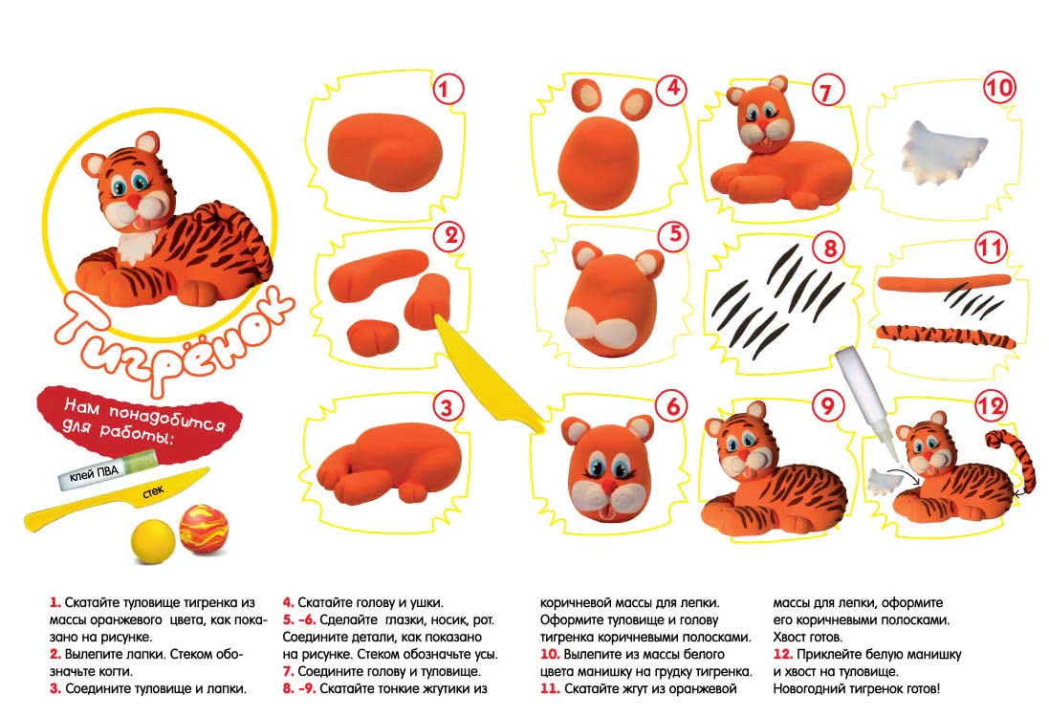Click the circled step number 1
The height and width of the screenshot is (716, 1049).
(x=448, y=89)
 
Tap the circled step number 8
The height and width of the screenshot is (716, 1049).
(x=830, y=248)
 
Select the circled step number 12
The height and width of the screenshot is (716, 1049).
(x=991, y=405)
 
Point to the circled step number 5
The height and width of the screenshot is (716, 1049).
(x=674, y=234)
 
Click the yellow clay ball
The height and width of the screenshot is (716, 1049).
(x=153, y=540)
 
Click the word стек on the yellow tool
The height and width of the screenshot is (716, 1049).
(x=153, y=492)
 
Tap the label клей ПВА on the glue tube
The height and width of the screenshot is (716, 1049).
(x=95, y=475)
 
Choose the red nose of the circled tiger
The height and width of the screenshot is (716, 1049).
(x=134, y=201)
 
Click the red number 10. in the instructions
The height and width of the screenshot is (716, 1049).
(x=550, y=655)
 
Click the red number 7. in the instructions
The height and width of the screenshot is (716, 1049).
(x=289, y=671)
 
